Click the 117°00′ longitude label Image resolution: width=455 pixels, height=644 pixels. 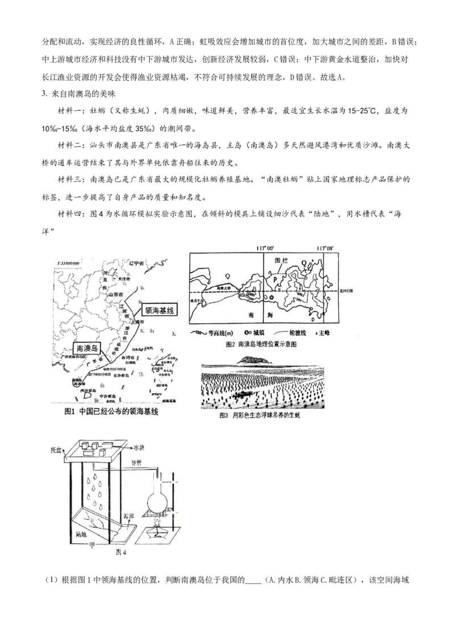(265, 248)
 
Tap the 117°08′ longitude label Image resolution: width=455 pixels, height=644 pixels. (325, 248)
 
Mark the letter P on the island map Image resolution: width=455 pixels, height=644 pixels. (274, 280)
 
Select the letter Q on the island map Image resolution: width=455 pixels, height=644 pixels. (306, 263)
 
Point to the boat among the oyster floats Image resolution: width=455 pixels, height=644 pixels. (243, 394)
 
